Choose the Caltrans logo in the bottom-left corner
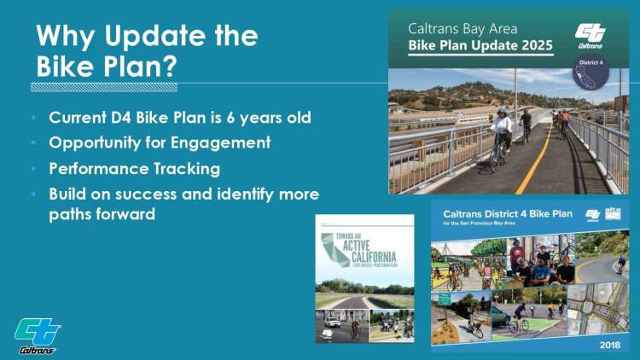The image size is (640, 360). tap(38, 335)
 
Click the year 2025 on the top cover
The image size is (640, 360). tap(534, 44)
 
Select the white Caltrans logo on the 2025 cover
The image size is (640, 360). tap(591, 35)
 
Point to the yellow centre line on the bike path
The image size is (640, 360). tap(538, 162)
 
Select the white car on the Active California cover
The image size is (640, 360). tap(332, 322)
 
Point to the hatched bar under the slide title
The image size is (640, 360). tap(104, 86)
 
